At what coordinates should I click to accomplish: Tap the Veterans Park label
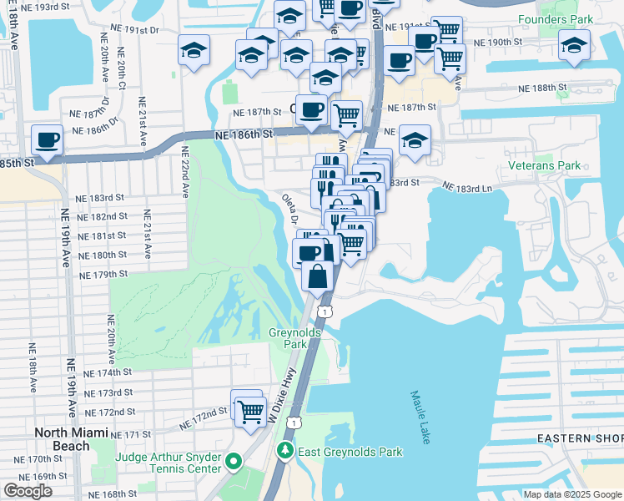[x=544, y=165]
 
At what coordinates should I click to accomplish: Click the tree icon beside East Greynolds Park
[x=285, y=452]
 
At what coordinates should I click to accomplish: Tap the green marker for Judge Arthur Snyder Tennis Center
[x=234, y=460]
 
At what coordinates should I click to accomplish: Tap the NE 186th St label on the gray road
[x=243, y=134]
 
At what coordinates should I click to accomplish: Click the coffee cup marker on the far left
[x=47, y=139]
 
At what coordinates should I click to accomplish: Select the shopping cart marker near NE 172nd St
[x=249, y=411]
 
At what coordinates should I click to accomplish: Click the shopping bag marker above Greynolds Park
[x=318, y=276]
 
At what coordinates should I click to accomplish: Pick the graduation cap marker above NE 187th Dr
[x=194, y=49]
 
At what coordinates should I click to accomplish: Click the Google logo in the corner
[x=28, y=491]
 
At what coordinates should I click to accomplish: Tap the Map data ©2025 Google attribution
[x=572, y=494]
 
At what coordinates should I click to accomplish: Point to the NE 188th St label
[x=543, y=87]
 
